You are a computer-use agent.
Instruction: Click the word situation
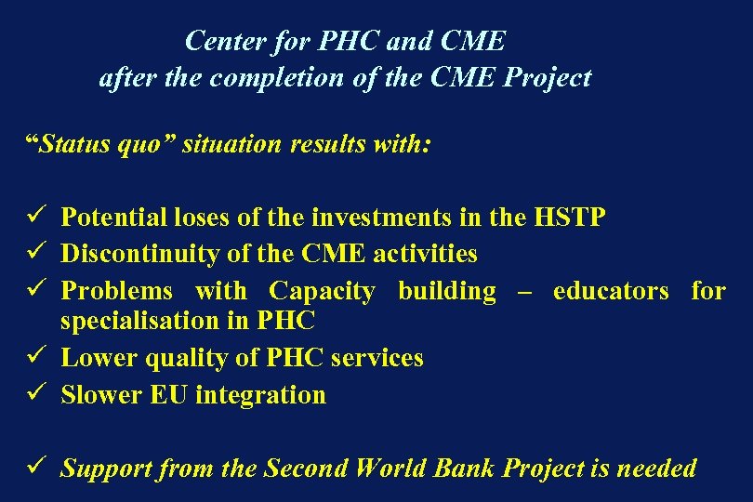[227, 144]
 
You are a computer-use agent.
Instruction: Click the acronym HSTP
[571, 218]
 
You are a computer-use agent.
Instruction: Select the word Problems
[116, 291]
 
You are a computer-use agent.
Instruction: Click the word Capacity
[322, 291]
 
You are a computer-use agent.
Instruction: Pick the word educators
[610, 291]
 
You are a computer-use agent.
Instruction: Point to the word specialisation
[142, 322]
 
